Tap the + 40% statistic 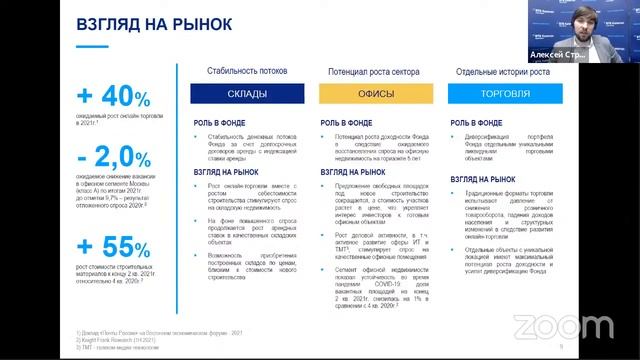coord(113,97)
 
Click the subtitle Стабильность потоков coord(246,72)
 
